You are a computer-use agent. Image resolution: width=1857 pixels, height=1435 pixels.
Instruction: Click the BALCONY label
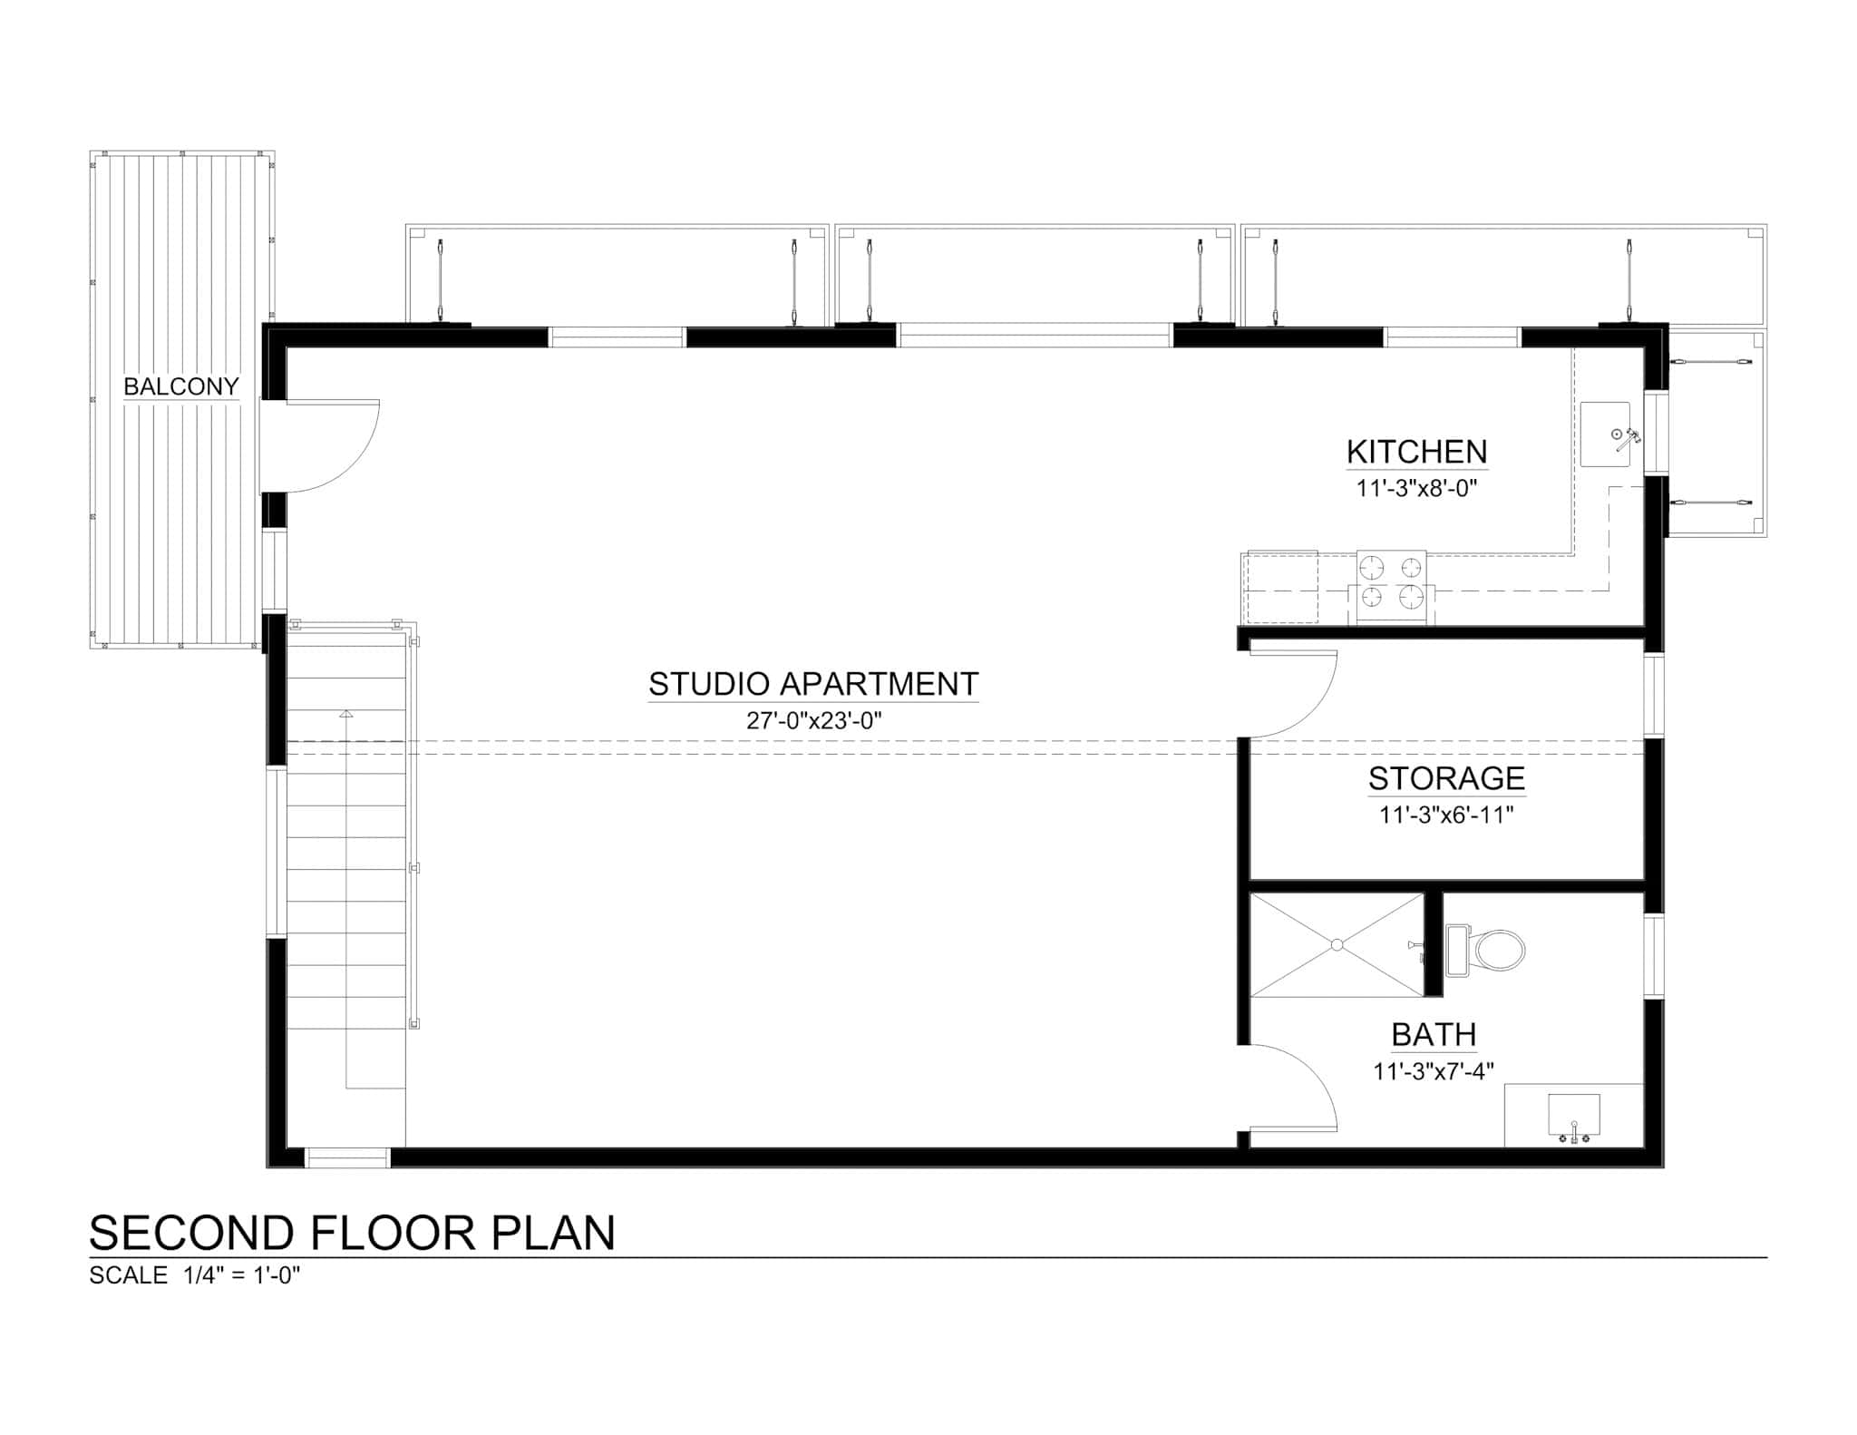[x=180, y=386]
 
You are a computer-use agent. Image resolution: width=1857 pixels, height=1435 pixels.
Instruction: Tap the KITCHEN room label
[x=1416, y=452]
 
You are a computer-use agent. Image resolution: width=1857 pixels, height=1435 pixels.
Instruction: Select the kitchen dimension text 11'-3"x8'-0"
[x=1416, y=488]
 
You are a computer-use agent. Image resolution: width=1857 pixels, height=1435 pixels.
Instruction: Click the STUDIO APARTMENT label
[x=813, y=684]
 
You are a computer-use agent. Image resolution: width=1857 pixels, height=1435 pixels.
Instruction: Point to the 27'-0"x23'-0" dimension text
[x=813, y=721]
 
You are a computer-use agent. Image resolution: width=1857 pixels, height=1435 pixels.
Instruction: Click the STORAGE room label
[x=1446, y=778]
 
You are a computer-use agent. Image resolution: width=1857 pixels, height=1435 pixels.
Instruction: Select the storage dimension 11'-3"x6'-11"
[x=1446, y=815]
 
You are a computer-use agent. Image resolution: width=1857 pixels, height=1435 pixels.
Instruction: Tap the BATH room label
[x=1434, y=1034]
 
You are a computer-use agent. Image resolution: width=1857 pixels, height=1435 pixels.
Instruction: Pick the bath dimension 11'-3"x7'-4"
[x=1434, y=1071]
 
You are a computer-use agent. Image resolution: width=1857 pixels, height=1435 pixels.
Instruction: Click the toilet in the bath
[x=1487, y=951]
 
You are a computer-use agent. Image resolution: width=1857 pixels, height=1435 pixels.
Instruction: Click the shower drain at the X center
[x=1337, y=945]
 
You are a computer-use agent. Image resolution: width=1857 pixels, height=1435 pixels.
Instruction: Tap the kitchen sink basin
[x=1605, y=434]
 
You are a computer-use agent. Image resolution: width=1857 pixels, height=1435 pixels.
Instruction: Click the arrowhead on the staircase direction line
[x=345, y=714]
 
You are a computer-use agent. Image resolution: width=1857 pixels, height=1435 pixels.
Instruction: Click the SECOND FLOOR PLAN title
[x=352, y=1233]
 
